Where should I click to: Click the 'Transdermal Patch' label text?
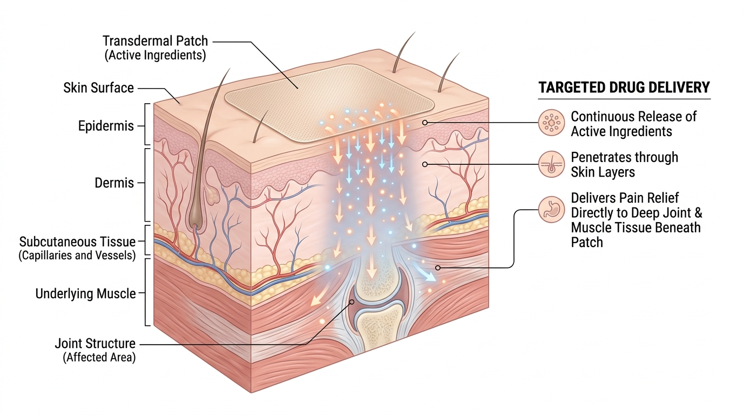coord(155,41)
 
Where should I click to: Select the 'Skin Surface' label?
coord(98,88)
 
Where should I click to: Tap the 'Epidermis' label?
coord(106,126)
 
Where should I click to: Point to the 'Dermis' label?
coord(114,183)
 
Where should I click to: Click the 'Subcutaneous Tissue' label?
coord(77,241)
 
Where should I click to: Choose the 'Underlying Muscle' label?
coord(86,294)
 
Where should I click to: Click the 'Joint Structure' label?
coord(95,343)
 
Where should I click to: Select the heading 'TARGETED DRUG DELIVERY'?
coord(624,88)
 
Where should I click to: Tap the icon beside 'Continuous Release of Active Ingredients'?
coord(551,123)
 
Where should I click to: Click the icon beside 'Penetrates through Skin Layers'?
coord(551,164)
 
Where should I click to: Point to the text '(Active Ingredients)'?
coord(156,55)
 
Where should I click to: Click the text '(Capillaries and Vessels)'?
coord(77,255)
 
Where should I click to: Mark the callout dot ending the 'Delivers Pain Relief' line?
coord(438,267)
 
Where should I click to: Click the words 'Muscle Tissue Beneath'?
coord(636,227)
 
